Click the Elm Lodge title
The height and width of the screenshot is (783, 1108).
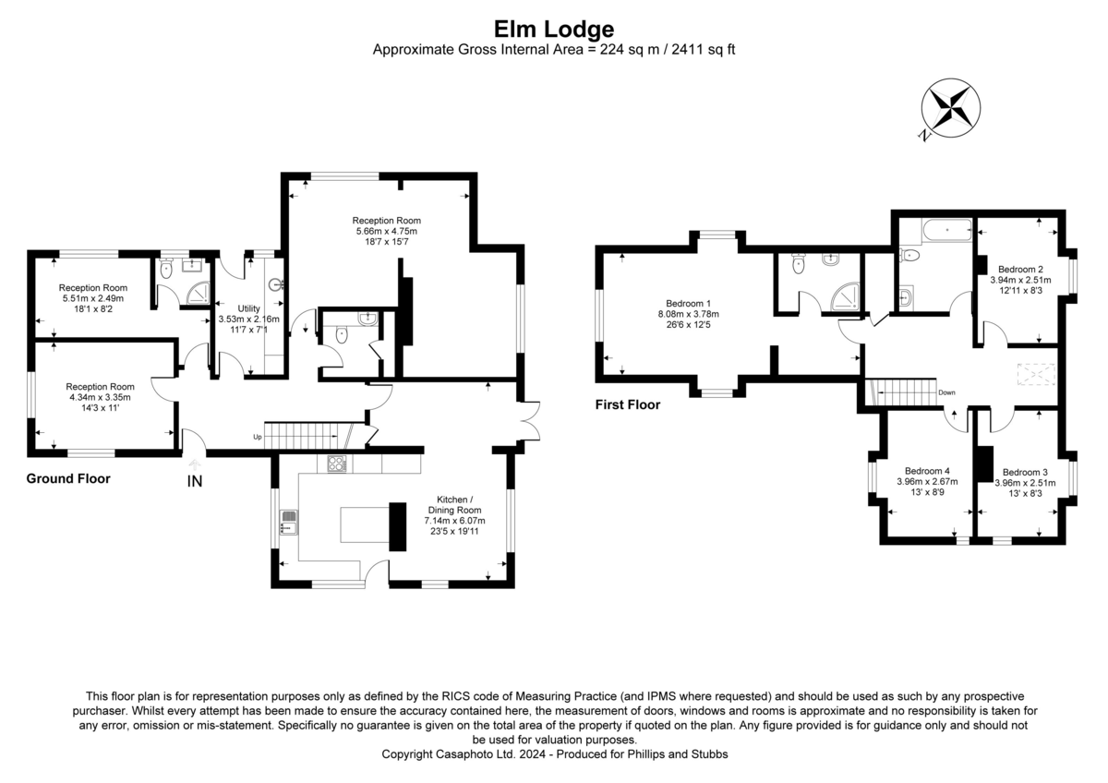(554, 30)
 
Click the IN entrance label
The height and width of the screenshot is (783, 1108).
(195, 480)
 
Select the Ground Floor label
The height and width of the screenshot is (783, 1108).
(68, 478)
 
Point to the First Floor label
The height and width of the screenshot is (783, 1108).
(629, 404)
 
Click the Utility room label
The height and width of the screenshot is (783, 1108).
(249, 308)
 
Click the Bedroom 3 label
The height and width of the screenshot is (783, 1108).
(1024, 470)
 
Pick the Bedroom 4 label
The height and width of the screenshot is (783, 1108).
(927, 469)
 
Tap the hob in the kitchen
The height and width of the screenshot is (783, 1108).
(336, 464)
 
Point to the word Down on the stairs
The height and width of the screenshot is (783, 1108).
(946, 392)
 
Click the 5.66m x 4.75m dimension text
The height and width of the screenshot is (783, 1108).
(386, 231)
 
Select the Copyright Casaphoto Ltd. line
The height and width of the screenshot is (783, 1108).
(554, 754)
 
